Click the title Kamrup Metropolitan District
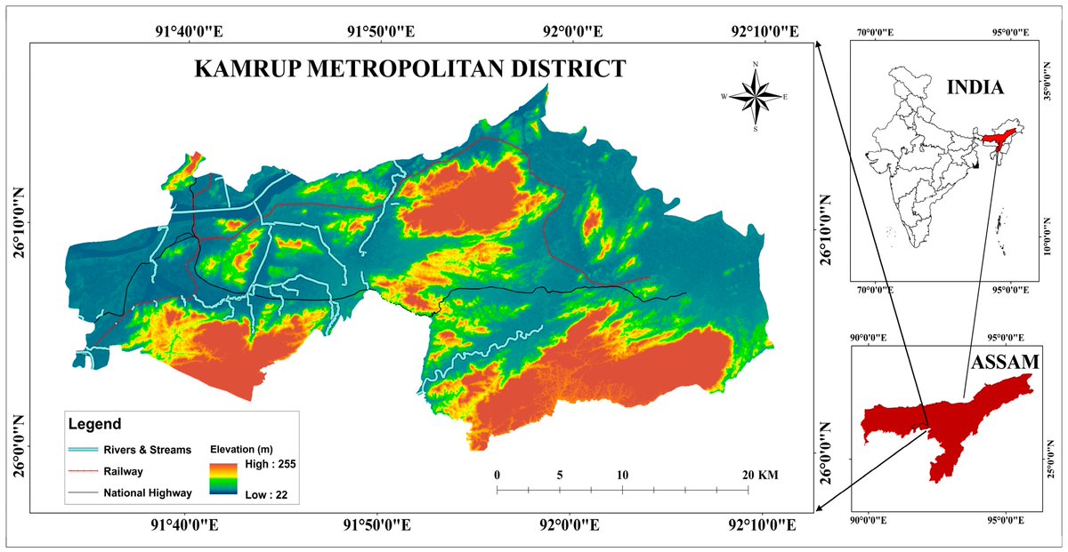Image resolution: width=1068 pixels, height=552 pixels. [410, 68]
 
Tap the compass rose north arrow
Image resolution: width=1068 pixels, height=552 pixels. [756, 95]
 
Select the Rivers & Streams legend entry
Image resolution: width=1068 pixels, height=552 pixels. [147, 450]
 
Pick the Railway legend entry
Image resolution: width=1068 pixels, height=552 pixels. [123, 471]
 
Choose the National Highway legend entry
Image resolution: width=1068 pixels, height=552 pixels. [147, 492]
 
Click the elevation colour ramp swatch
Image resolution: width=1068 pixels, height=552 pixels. [222, 478]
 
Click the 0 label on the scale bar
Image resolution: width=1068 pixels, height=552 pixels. [497, 476]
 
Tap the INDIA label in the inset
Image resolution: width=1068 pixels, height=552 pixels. [975, 87]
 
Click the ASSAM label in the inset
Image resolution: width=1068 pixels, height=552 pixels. [1007, 362]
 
